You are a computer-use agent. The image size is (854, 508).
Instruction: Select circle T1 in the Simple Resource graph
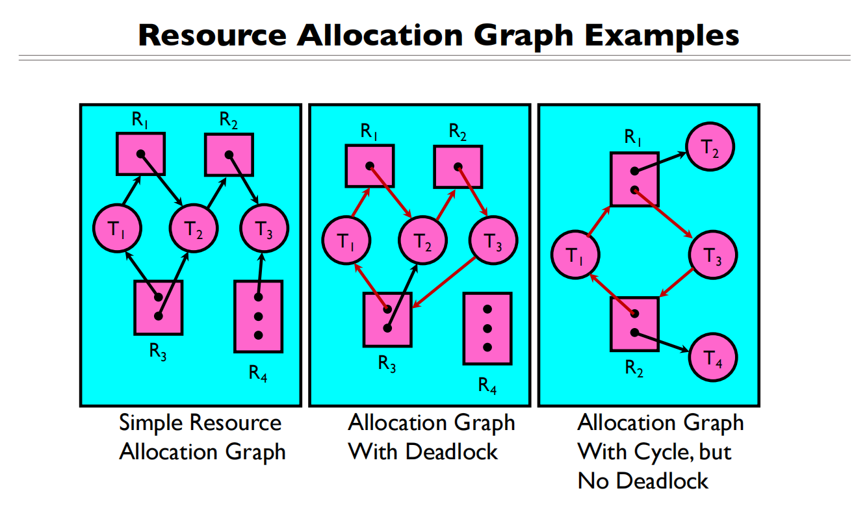click(118, 229)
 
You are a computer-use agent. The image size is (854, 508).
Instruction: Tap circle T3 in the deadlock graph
click(493, 242)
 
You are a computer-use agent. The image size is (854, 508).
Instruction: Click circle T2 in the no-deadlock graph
click(710, 148)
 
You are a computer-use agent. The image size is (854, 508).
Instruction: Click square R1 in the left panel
click(140, 155)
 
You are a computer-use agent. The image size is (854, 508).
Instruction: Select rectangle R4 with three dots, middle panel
click(487, 328)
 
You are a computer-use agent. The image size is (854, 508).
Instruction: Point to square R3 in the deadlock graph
click(387, 318)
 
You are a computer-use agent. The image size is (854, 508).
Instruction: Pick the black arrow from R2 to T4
click(663, 342)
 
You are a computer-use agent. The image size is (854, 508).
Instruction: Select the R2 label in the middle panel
click(458, 132)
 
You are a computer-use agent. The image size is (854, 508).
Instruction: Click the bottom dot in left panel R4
click(259, 335)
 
